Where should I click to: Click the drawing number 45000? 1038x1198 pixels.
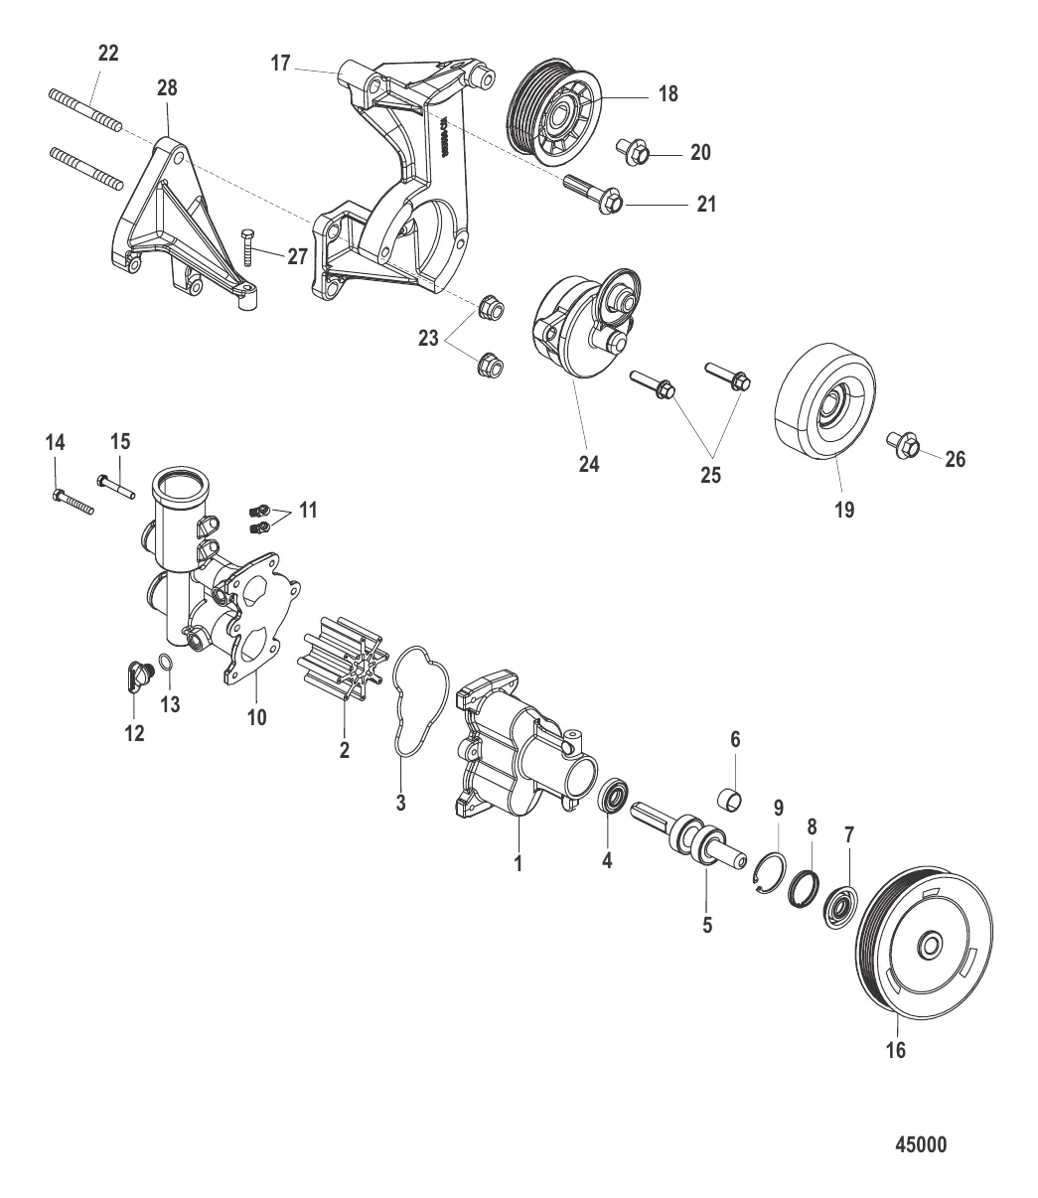921,1144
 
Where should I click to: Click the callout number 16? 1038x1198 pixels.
895,1050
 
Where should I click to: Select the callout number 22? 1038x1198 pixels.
106,55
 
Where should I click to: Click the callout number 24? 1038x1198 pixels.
589,464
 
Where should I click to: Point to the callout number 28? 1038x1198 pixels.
167,87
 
